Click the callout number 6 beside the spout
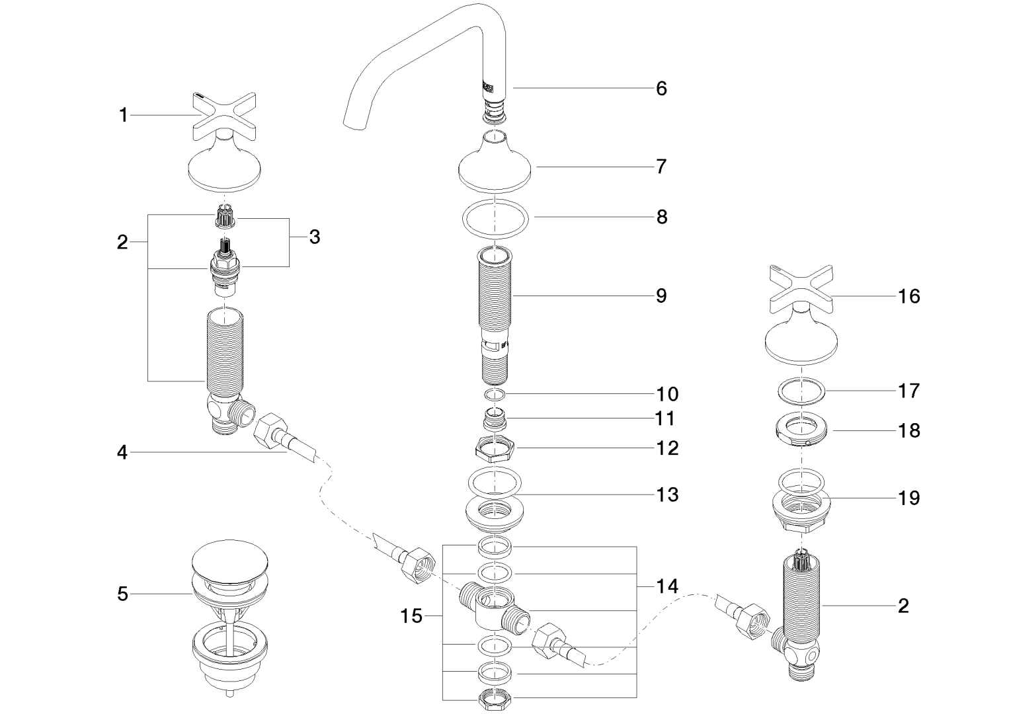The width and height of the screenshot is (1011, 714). click(x=661, y=89)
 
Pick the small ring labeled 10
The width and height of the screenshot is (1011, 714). click(x=495, y=395)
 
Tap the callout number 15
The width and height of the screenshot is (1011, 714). click(x=411, y=616)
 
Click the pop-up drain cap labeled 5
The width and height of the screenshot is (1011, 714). click(x=229, y=563)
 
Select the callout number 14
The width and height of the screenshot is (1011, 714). click(x=668, y=586)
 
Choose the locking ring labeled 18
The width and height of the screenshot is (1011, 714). click(x=801, y=430)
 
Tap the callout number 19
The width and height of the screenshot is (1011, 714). click(x=909, y=498)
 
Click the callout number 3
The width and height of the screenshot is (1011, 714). click(x=314, y=237)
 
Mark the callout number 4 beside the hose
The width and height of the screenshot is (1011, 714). click(x=122, y=454)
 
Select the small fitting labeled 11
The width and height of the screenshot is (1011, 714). click(x=495, y=419)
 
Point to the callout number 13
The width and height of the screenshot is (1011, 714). click(x=668, y=495)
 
